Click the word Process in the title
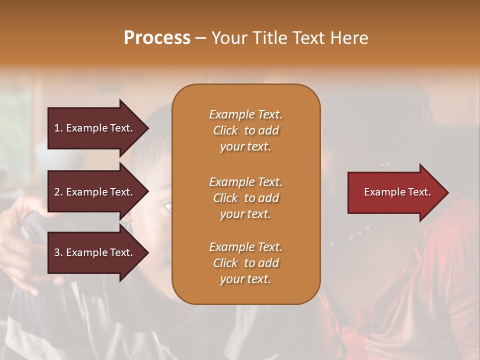[x=157, y=38]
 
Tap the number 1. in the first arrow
[x=58, y=128]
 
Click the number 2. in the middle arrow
[x=58, y=192]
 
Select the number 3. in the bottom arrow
[x=58, y=252]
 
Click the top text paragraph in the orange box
[x=245, y=130]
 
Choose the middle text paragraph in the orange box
[x=245, y=198]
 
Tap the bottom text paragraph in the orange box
[x=245, y=263]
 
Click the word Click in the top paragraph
[x=225, y=130]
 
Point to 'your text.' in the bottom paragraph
[x=245, y=279]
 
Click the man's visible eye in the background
[x=167, y=206]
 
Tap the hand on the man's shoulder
[x=20, y=235]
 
